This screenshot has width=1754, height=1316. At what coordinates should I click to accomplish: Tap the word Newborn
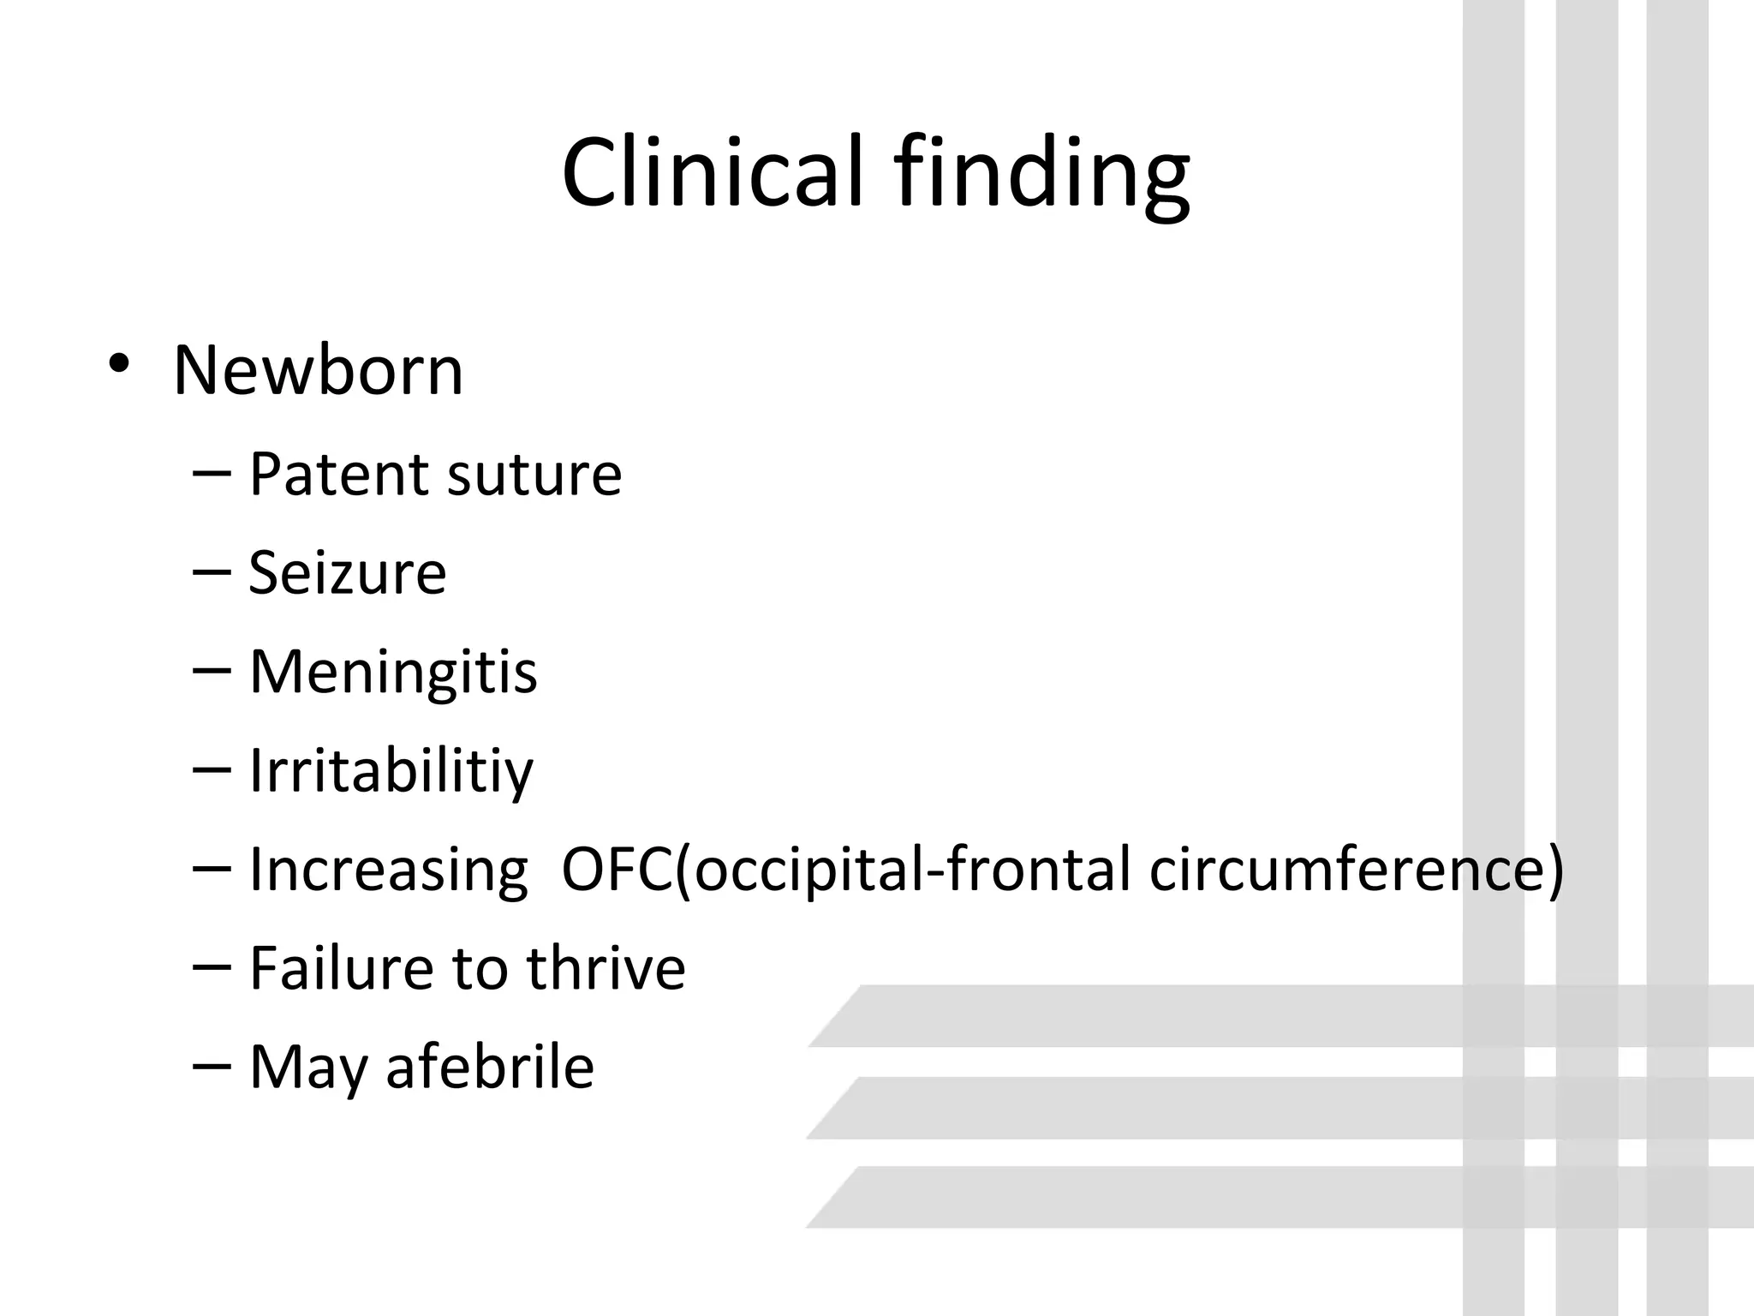tap(318, 371)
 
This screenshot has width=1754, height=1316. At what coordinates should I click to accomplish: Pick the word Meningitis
tap(393, 673)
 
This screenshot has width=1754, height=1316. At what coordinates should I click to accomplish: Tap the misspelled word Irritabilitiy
tap(391, 771)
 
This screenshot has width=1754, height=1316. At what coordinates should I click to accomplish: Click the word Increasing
tap(388, 870)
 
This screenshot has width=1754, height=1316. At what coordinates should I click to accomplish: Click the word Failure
tap(341, 968)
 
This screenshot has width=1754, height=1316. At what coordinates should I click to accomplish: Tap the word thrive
tap(606, 968)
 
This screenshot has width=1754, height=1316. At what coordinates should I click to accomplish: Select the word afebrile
tap(490, 1067)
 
